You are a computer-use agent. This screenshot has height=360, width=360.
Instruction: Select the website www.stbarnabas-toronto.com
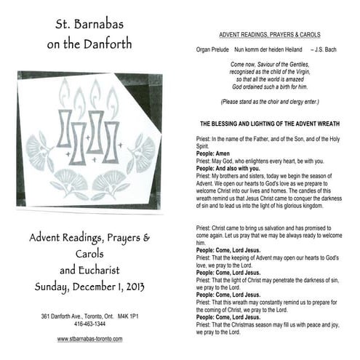[90, 339]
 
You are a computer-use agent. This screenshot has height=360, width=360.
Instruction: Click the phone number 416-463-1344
[89, 325]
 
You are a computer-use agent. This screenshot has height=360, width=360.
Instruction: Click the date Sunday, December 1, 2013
[89, 286]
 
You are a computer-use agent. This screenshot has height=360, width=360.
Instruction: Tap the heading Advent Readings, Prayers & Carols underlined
[269, 35]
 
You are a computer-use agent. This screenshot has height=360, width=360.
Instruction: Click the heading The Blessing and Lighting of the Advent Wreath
[269, 124]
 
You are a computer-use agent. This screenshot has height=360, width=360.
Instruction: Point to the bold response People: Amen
[212, 153]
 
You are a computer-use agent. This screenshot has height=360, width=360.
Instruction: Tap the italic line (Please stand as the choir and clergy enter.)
[269, 102]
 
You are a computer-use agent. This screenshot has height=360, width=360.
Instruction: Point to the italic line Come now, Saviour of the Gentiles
[269, 65]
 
